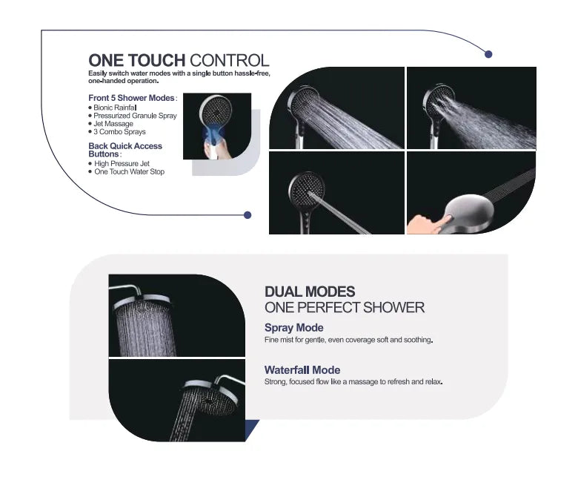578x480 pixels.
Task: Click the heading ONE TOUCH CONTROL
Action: point(179,61)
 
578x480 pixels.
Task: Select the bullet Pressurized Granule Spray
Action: point(135,116)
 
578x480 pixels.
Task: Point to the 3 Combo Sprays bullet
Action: point(119,132)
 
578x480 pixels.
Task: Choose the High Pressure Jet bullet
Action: point(122,163)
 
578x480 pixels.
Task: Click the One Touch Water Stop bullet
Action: point(129,171)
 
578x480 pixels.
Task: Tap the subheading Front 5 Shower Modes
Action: point(133,98)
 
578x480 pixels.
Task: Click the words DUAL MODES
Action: point(310,292)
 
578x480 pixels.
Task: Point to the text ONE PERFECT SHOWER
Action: point(344,307)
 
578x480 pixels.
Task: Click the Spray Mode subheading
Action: point(293,328)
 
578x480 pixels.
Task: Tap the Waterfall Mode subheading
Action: point(302,369)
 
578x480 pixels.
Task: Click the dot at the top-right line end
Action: point(488,53)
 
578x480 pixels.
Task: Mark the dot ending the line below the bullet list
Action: point(248,215)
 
